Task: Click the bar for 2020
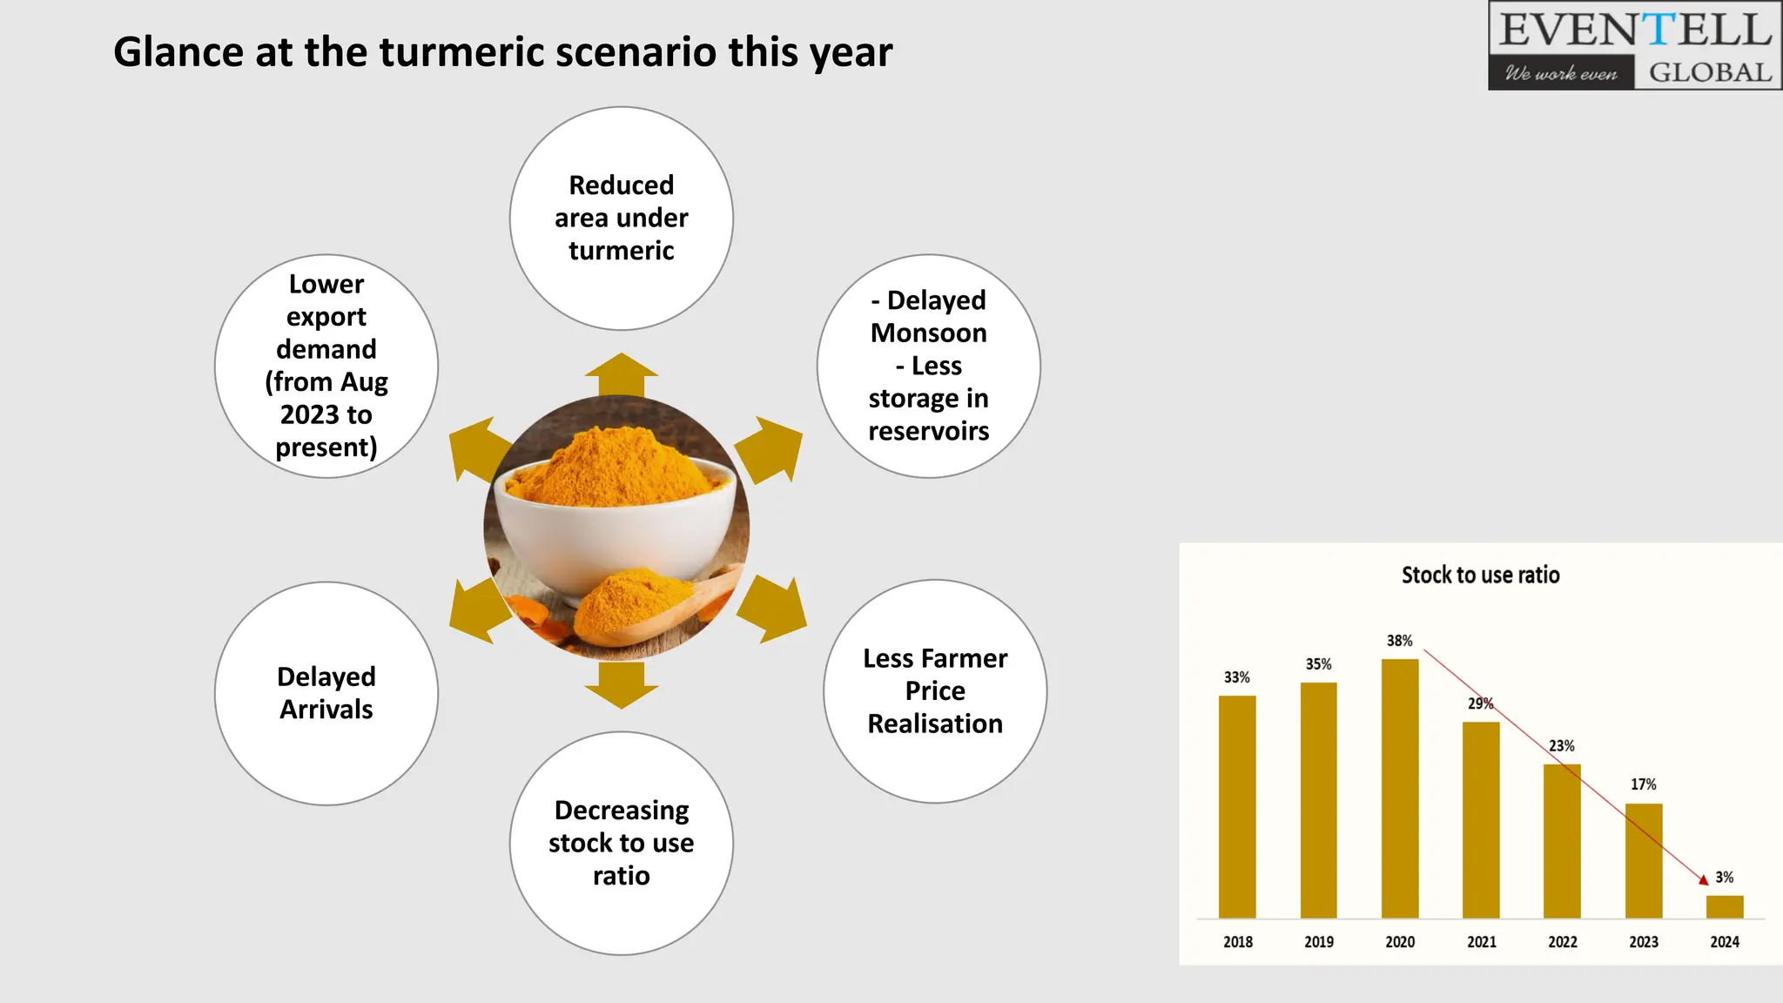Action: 1400,788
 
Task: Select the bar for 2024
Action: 1724,906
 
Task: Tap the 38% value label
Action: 1399,641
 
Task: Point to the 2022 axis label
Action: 1562,942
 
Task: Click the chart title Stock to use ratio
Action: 1480,575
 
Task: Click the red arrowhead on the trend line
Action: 1704,880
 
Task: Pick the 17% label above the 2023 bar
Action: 1643,784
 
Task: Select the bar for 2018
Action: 1237,806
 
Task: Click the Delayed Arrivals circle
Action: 326,693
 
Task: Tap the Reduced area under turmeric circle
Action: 621,218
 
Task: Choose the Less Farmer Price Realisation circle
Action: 935,690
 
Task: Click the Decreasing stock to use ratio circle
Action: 621,843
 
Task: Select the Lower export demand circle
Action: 326,366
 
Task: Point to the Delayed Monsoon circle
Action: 928,366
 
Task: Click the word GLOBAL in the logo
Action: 1710,72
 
